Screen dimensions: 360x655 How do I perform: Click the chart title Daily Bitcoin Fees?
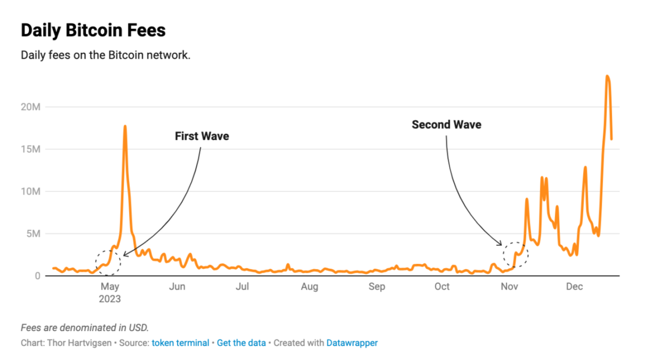pyautogui.click(x=93, y=30)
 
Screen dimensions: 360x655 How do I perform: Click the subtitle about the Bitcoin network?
pyautogui.click(x=105, y=55)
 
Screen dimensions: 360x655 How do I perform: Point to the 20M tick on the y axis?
pyautogui.click(x=30, y=107)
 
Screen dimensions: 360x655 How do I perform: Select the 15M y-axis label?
pyautogui.click(x=30, y=149)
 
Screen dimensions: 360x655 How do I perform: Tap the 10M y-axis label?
pyautogui.click(x=30, y=191)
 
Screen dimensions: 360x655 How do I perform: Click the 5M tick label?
pyautogui.click(x=33, y=234)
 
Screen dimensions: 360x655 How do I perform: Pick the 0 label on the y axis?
pyautogui.click(x=37, y=276)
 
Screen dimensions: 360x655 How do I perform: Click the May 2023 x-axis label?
pyautogui.click(x=110, y=292)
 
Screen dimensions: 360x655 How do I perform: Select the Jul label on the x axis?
pyautogui.click(x=242, y=287)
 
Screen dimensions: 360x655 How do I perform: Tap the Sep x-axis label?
pyautogui.click(x=376, y=287)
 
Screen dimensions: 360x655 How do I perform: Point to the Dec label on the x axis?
pyautogui.click(x=574, y=287)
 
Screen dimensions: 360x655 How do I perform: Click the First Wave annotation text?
pyautogui.click(x=202, y=137)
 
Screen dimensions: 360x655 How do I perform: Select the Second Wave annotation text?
pyautogui.click(x=447, y=125)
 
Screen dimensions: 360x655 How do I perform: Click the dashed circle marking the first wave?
pyautogui.click(x=109, y=262)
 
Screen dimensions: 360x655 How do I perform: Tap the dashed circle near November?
pyautogui.click(x=515, y=254)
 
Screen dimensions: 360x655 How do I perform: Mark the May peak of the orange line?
pyautogui.click(x=125, y=126)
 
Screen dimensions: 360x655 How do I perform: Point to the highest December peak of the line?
pyautogui.click(x=608, y=76)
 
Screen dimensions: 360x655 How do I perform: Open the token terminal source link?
pyautogui.click(x=180, y=343)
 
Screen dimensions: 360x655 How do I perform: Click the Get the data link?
pyautogui.click(x=241, y=343)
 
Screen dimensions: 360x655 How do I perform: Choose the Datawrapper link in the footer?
pyautogui.click(x=352, y=343)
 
